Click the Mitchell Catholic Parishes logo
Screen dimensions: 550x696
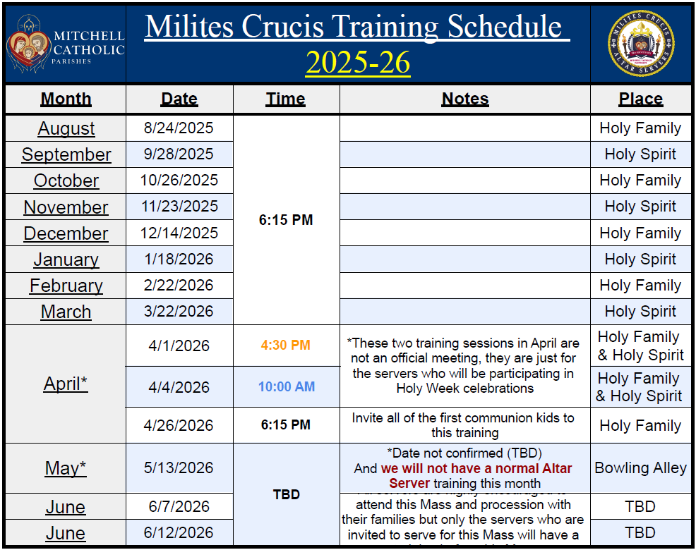coord(65,44)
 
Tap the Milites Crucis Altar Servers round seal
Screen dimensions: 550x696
coord(640,44)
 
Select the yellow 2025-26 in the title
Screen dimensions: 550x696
coord(358,63)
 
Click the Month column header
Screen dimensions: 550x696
coord(66,99)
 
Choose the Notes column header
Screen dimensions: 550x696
coord(464,99)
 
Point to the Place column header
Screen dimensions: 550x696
coord(640,99)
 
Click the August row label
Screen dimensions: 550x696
coord(66,128)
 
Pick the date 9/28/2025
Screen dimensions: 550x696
coord(179,154)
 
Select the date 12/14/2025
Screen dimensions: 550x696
coord(179,233)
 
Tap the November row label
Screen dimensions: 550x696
coord(66,207)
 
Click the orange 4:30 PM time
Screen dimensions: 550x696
coord(286,346)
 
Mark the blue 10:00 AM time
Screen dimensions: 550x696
coord(286,387)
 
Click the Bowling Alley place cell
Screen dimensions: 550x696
coord(640,468)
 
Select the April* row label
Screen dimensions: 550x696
coord(66,384)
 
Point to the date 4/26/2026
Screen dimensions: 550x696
coord(179,426)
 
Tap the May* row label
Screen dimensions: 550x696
coord(66,468)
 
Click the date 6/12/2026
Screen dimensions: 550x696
coord(179,533)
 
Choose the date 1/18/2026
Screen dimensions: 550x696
coord(179,259)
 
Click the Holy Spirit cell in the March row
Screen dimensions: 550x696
coord(640,312)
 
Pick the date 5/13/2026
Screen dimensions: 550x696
coord(179,468)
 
